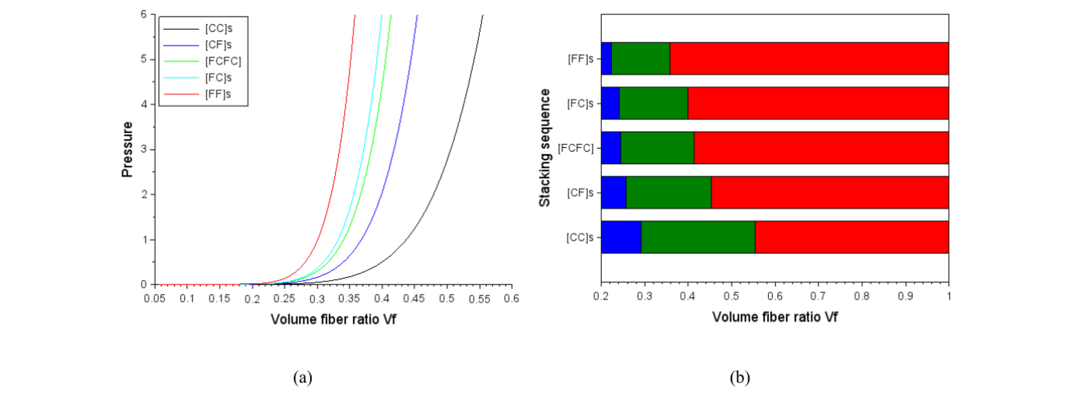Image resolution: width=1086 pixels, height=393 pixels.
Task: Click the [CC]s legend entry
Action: point(198,28)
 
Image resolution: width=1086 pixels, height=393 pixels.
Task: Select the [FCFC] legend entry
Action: point(202,61)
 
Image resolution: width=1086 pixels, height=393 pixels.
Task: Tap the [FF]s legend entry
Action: point(197,94)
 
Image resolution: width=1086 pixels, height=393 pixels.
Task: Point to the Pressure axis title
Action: point(127,149)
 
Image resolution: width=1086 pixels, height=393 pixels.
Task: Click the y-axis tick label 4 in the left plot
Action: point(144,104)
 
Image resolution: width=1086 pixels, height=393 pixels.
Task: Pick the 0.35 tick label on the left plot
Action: point(349,299)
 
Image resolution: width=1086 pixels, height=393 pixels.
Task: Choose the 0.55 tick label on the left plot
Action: point(479,299)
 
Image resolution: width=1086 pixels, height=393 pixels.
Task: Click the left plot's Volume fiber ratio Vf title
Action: point(333,319)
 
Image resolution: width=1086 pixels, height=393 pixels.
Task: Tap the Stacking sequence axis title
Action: point(544,148)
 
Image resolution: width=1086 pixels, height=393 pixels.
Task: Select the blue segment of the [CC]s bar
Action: point(621,237)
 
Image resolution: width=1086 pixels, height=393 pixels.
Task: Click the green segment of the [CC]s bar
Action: point(698,237)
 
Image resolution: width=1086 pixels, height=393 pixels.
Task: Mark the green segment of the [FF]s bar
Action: point(640,58)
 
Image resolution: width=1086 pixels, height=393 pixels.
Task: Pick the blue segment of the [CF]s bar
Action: point(614,192)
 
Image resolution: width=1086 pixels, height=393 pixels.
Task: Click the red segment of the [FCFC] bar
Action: point(822,148)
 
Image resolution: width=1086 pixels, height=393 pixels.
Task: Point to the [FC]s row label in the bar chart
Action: point(580,103)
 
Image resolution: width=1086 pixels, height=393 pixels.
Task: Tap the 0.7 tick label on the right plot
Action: point(818,296)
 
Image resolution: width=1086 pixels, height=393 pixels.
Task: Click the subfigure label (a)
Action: point(303,378)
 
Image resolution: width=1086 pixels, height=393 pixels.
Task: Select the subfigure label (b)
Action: point(740,378)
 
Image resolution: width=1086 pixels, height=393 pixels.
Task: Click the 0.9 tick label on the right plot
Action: point(905,296)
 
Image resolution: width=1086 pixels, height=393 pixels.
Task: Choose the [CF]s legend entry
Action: point(197,45)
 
